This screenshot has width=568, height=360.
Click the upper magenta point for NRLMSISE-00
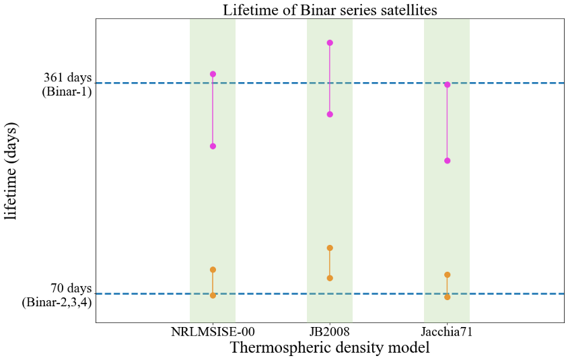click(x=213, y=74)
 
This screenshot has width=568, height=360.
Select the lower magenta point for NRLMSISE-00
click(x=213, y=146)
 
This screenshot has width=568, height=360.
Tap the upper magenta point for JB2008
click(x=330, y=43)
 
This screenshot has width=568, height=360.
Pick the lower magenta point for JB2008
click(x=330, y=114)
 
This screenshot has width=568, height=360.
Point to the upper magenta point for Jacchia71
click(x=447, y=85)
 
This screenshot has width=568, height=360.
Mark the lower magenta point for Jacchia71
click(x=447, y=161)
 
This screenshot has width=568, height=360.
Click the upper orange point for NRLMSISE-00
click(x=213, y=270)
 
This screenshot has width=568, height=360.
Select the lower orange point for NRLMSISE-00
click(x=213, y=295)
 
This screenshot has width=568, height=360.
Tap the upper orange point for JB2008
click(x=330, y=248)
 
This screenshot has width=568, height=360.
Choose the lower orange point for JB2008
click(x=330, y=278)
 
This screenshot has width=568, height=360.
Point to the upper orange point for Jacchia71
click(x=447, y=275)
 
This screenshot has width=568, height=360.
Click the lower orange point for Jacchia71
click(x=447, y=297)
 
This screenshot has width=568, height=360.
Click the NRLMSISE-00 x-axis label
click(x=213, y=332)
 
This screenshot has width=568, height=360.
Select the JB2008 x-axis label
click(x=330, y=332)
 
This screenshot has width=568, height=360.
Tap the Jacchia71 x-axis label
click(x=447, y=332)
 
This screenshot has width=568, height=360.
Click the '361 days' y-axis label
click(x=66, y=78)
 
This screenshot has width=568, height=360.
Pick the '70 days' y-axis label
click(x=71, y=289)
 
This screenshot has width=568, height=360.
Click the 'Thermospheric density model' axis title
click(x=330, y=349)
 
